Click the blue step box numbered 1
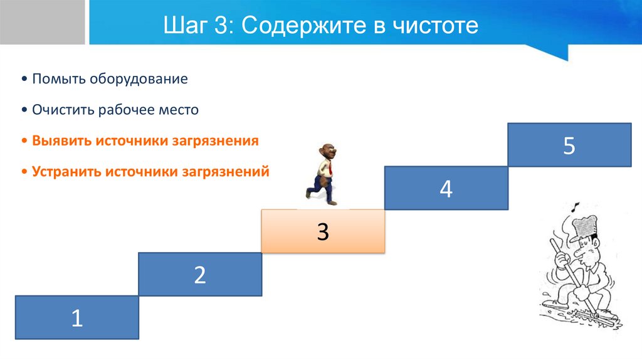coord(76,317)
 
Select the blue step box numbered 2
coord(200,274)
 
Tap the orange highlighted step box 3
coord(322,231)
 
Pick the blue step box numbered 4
coord(446,188)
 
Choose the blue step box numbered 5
coord(569,145)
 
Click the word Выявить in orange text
coord(61,140)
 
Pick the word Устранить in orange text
coord(67,171)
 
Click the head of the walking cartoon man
coord(326,152)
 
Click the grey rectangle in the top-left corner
coord(42,22)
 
